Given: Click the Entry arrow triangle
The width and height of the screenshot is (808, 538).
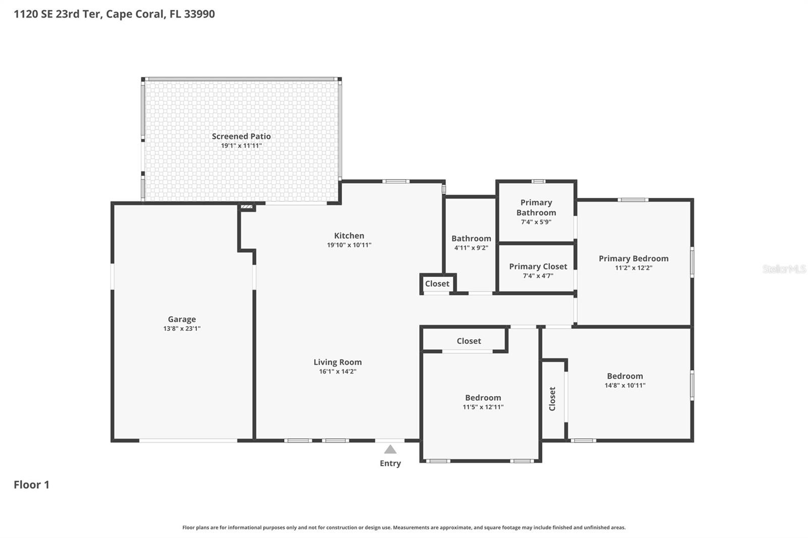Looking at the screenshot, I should tap(390, 449).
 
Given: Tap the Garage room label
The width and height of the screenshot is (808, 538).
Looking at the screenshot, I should tap(182, 319).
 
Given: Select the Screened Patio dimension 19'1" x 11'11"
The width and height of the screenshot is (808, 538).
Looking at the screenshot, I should tap(241, 146).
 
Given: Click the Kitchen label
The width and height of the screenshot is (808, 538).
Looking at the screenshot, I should tap(349, 236).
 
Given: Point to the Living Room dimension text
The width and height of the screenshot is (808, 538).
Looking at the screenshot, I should tap(337, 371).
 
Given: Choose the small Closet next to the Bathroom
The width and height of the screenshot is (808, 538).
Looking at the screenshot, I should tap(437, 284).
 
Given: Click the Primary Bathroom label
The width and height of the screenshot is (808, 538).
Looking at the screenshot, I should tap(536, 207).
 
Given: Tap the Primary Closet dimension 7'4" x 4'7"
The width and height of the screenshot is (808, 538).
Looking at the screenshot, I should tap(538, 276).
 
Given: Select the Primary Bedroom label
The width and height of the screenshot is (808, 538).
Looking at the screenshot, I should tap(633, 258).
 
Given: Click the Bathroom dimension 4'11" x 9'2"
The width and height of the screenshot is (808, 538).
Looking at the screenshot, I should tap(471, 248).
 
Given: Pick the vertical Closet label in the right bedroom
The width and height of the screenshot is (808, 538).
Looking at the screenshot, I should tap(552, 399).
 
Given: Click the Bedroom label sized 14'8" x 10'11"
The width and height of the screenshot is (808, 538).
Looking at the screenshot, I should tap(625, 376).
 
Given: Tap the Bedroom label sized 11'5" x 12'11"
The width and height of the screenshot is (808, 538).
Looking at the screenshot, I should tap(483, 398).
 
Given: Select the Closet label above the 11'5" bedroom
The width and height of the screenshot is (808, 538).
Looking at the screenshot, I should tap(469, 341).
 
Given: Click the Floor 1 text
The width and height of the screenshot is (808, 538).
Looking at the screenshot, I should tap(31, 485).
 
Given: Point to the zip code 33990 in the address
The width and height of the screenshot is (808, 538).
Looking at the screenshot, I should tap(199, 14).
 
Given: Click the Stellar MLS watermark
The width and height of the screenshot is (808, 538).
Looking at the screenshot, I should tap(784, 269).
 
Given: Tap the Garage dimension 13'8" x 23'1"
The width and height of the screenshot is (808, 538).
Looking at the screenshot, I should tap(182, 329).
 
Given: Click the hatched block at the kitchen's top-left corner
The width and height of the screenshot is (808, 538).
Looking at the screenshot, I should tap(246, 206).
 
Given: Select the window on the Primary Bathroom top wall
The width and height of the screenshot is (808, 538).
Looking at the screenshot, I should tap(538, 181).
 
